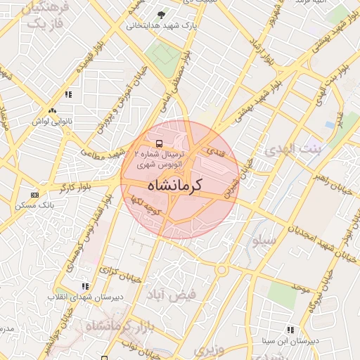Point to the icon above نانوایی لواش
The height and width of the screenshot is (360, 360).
point(52,110)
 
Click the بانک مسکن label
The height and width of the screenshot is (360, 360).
point(34,205)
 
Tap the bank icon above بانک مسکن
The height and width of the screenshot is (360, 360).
point(34,195)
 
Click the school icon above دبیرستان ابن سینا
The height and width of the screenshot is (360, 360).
point(291,330)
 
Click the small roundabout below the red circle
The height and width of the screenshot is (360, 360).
point(221,269)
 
